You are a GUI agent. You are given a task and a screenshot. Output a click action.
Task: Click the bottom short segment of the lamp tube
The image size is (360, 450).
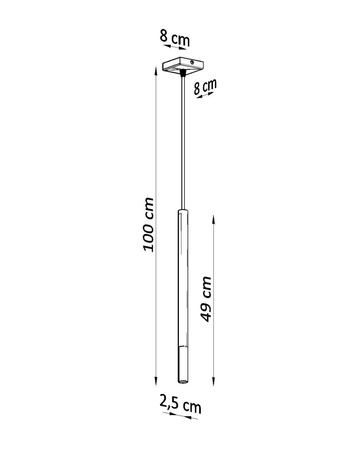pyautogui.click(x=181, y=366)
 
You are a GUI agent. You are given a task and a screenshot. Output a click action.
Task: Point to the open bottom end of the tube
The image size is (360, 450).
pyautogui.click(x=181, y=384)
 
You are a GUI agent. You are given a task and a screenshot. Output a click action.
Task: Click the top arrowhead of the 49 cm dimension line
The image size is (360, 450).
pyautogui.click(x=214, y=213)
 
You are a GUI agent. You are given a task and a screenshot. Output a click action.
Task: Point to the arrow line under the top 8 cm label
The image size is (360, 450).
pyautogui.click(x=176, y=52)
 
